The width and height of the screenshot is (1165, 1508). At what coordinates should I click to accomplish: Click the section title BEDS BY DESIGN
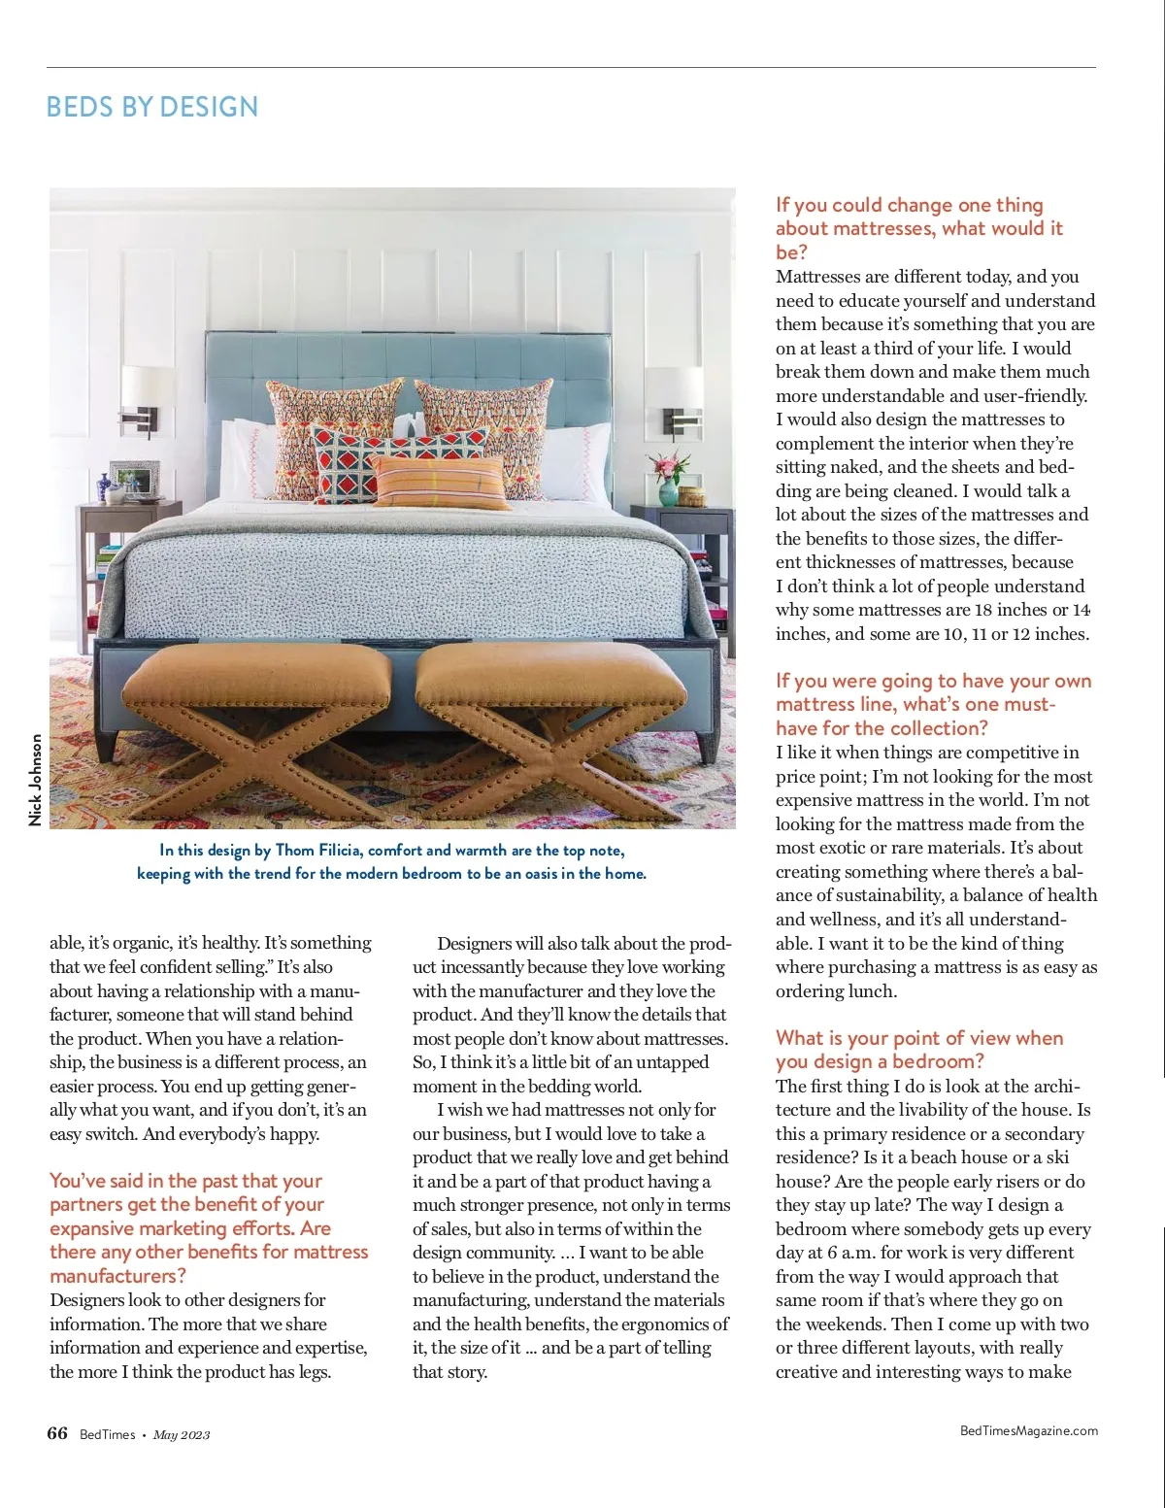[x=152, y=107]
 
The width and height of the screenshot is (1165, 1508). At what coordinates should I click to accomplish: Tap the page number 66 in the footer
[x=57, y=1433]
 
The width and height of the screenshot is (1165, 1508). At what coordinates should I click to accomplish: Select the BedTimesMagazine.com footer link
[x=1028, y=1430]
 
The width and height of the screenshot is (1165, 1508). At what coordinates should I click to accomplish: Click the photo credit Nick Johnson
[x=36, y=780]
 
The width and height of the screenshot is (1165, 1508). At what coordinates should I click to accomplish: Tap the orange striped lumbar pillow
[x=442, y=482]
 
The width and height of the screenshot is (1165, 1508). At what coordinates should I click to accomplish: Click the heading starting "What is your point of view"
[x=918, y=1050]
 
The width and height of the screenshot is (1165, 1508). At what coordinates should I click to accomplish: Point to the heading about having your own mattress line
[x=933, y=704]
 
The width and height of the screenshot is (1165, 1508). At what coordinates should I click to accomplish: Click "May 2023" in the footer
[x=182, y=1435]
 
